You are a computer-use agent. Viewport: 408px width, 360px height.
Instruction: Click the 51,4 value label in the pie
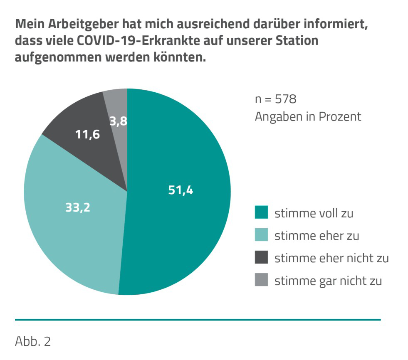point(181,190)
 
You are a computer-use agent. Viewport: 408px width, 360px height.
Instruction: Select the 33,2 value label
point(77,207)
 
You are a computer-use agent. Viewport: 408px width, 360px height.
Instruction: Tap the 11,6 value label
point(87,135)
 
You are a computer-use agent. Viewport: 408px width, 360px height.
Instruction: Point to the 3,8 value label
point(118,122)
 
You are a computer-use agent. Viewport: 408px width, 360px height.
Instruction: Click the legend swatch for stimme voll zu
point(261,213)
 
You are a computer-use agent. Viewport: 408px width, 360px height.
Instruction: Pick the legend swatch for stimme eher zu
point(261,235)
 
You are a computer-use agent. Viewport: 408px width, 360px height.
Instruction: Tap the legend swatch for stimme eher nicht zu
point(261,258)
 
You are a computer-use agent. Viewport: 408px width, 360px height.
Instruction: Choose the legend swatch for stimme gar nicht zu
point(261,281)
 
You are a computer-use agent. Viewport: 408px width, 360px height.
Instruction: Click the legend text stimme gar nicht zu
point(328,281)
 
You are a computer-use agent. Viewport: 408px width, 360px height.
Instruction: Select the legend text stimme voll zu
point(314,213)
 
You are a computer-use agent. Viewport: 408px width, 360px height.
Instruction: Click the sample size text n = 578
point(275,100)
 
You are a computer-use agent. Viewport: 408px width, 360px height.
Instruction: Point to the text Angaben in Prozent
point(308,117)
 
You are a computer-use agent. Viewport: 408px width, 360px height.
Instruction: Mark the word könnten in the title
point(181,58)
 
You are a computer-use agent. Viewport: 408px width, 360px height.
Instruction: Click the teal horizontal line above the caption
point(198,320)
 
